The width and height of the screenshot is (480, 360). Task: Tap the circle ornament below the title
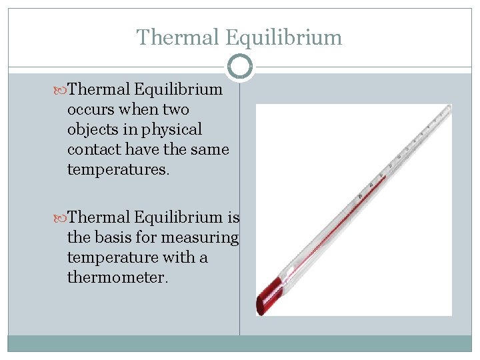click(240, 67)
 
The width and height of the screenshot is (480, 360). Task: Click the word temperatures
click(118, 169)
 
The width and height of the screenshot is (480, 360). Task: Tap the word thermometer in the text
click(117, 277)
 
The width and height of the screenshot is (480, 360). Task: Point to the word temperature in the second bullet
click(113, 257)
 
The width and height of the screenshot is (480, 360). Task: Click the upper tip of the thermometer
click(448, 110)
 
